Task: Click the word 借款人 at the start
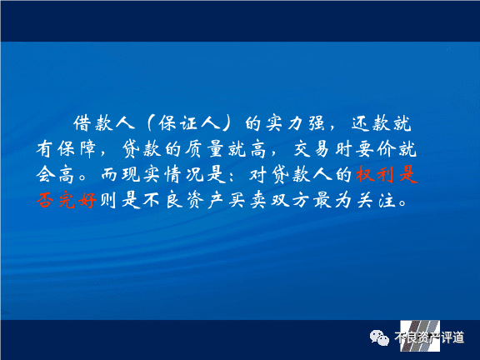coord(104,123)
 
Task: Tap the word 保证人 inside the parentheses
coord(189,123)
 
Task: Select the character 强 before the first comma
coord(316,123)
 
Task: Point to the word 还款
coord(372,123)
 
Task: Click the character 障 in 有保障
coord(87,149)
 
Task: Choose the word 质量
coord(204,149)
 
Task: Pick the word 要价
coord(375,149)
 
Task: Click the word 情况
coord(183,175)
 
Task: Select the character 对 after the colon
coord(258,175)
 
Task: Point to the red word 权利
coord(375,174)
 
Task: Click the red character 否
coord(45,201)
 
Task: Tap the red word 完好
coord(77,201)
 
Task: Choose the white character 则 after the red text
coord(107,201)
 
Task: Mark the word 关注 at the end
coord(377,201)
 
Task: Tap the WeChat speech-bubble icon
coord(379,338)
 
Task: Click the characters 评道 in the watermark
coord(452,337)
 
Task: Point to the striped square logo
coord(420,336)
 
